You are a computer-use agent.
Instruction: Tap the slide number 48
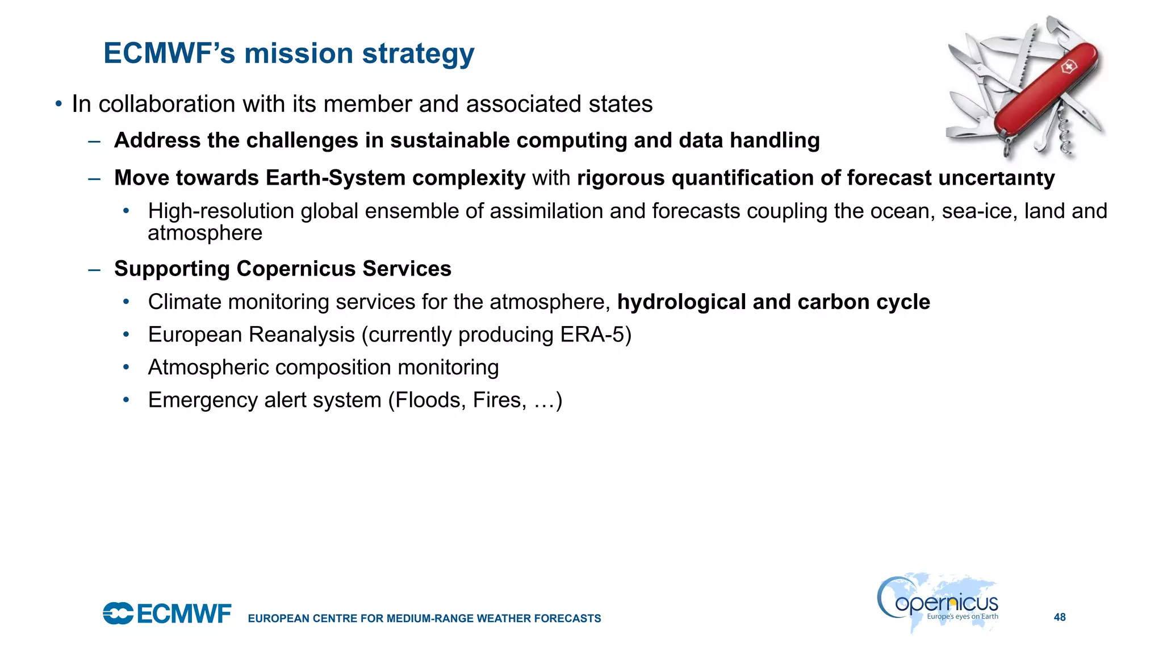1060,617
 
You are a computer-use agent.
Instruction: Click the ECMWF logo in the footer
167,614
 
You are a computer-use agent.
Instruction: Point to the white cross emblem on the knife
1068,68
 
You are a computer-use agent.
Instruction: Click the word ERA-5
593,335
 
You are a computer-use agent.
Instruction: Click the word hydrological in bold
681,302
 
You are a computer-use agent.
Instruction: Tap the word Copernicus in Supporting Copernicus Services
296,269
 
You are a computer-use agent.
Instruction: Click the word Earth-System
335,178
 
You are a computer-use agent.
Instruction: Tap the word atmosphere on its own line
204,233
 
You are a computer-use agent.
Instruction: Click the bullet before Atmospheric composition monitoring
126,367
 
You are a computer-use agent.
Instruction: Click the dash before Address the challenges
94,140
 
